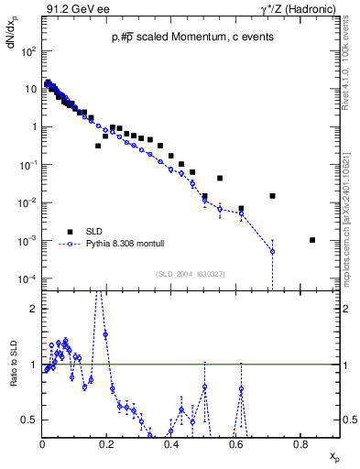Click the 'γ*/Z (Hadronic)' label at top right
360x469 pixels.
coord(304,8)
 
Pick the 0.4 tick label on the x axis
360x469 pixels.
coord(171,445)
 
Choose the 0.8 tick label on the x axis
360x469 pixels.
coord(300,445)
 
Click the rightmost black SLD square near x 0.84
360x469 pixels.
coord(312,240)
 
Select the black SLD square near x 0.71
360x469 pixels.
coord(272,196)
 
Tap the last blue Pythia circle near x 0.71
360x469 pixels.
coord(272,251)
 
